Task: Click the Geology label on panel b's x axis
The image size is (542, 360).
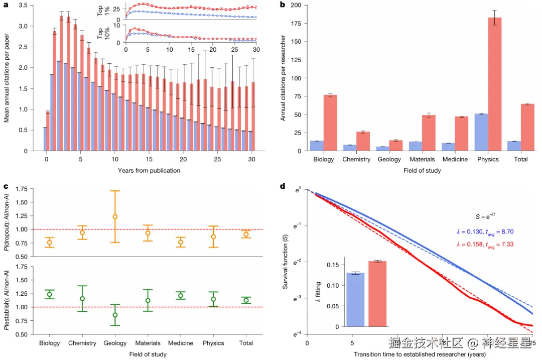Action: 390,160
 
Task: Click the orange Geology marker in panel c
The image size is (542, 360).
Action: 115,216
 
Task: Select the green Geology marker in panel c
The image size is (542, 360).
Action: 115,315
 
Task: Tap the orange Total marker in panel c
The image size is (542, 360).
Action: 246,234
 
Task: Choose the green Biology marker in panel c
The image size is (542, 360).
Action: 49,294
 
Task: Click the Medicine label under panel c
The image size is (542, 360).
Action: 181,343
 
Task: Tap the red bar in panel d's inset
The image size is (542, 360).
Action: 377,294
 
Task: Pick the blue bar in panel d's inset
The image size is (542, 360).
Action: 355,300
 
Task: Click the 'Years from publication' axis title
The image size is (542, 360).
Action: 149,171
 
